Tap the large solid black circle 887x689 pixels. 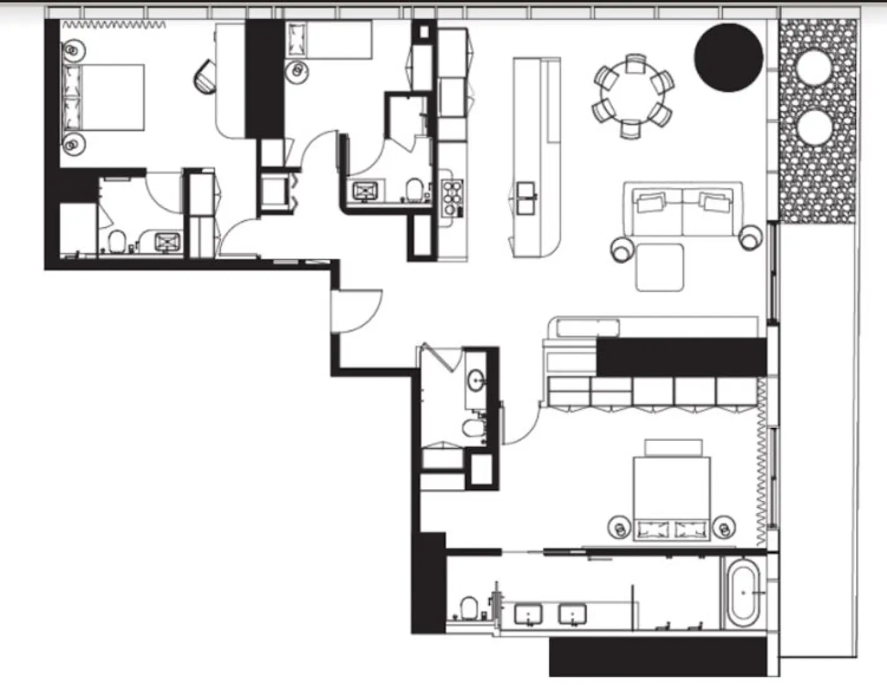tap(729, 58)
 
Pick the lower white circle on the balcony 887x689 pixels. tap(815, 126)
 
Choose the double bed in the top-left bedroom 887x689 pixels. tap(105, 97)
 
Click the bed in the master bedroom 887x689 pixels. tap(672, 498)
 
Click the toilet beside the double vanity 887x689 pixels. tap(468, 606)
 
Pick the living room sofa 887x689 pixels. tap(682, 210)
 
